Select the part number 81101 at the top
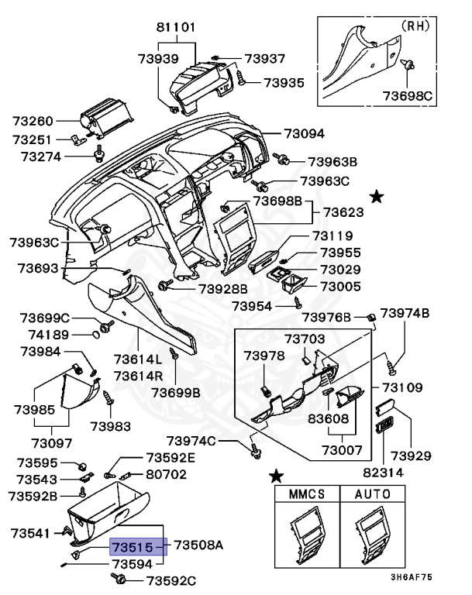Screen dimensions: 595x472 pos(176,27)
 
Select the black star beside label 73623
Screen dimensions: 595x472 pos(377,198)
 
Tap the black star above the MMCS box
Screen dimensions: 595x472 pos(275,475)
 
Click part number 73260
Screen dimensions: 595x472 pos(33,122)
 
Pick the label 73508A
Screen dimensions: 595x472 pos(198,545)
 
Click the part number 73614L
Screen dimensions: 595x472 pos(138,359)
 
